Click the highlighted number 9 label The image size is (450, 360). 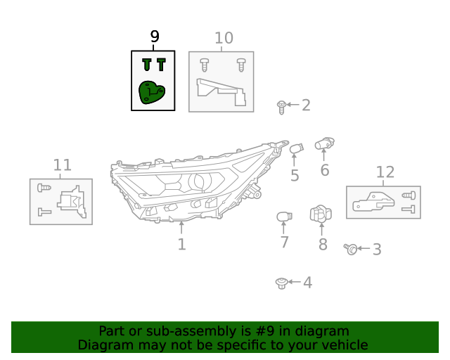(x=155, y=37)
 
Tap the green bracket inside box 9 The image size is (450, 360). (x=151, y=93)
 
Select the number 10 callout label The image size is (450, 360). (x=224, y=38)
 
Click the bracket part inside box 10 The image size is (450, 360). (x=221, y=93)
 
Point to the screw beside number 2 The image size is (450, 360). (x=281, y=107)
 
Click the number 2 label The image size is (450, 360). (x=306, y=105)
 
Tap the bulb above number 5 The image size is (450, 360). (x=296, y=149)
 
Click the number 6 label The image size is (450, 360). (x=325, y=170)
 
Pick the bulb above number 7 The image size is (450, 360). (x=283, y=216)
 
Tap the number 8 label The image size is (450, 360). (x=323, y=245)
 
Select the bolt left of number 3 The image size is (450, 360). (x=350, y=248)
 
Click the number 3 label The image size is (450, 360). (x=377, y=249)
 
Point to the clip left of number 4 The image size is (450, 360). (x=281, y=283)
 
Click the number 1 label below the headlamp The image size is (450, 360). (x=181, y=245)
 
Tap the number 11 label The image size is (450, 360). (x=63, y=165)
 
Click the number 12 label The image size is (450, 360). (x=385, y=172)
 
